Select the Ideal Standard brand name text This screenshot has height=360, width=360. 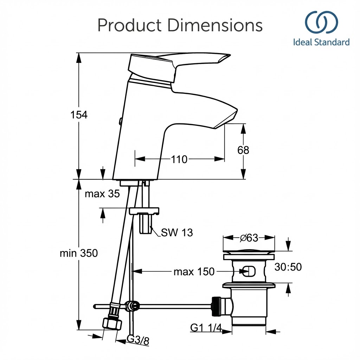click(321, 43)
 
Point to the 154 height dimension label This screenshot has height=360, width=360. click(79, 115)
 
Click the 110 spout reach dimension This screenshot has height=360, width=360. click(179, 159)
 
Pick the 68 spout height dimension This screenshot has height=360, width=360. click(243, 150)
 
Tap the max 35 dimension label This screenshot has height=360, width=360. click(102, 193)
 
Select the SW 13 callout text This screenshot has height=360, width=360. click(177, 232)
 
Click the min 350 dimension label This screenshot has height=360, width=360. click(79, 253)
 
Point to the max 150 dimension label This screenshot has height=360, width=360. click(194, 271)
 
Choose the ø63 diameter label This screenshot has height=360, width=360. click(249, 238)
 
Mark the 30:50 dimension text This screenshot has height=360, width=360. click(288, 267)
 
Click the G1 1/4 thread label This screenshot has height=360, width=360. click(206, 328)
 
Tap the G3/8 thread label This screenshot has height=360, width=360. click(138, 340)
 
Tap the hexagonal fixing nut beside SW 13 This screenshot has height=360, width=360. click(145, 223)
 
